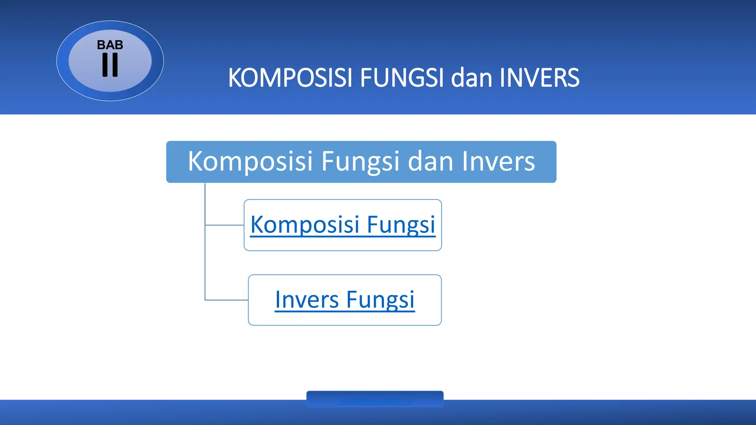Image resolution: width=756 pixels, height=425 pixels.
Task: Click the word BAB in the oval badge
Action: pyautogui.click(x=110, y=45)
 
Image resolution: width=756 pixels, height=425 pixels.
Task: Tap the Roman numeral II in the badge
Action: pyautogui.click(x=110, y=65)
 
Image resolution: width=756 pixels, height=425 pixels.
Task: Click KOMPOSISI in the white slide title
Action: pyautogui.click(x=290, y=78)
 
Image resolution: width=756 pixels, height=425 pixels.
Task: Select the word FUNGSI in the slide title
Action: pyautogui.click(x=402, y=78)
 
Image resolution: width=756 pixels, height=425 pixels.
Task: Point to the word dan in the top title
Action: pyautogui.click(x=471, y=78)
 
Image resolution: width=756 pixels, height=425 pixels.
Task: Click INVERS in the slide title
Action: pyautogui.click(x=539, y=78)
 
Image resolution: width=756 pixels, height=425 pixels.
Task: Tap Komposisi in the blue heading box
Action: pyautogui.click(x=250, y=162)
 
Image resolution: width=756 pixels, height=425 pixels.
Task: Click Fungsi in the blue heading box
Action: pyautogui.click(x=360, y=162)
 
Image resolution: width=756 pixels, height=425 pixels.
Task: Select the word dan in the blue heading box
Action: pyautogui.click(x=430, y=162)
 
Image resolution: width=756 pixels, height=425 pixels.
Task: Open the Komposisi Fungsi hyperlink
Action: pyautogui.click(x=343, y=225)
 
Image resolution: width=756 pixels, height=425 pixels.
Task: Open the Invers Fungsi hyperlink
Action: pyautogui.click(x=345, y=300)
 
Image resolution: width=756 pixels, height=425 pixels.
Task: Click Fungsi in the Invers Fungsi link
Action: pyautogui.click(x=380, y=300)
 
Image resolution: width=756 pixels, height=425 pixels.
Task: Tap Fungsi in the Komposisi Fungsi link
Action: pyautogui.click(x=401, y=225)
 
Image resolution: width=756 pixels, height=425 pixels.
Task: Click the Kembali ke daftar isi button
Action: pyautogui.click(x=375, y=400)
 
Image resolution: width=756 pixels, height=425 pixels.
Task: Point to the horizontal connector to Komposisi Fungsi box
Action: pyautogui.click(x=224, y=225)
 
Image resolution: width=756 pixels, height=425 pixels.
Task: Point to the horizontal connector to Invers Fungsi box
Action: pyautogui.click(x=226, y=300)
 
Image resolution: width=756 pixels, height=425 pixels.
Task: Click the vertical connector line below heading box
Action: pyautogui.click(x=205, y=258)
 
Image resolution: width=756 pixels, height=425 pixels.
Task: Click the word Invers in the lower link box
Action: pyautogui.click(x=307, y=300)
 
